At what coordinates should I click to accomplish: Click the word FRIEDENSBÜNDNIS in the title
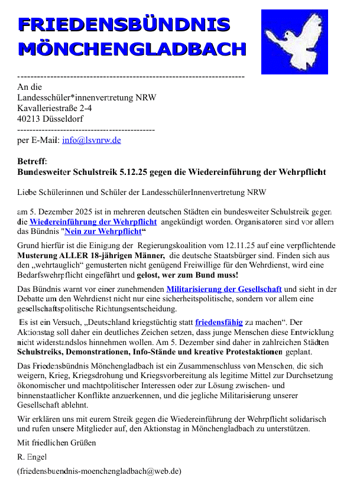(x=124, y=24)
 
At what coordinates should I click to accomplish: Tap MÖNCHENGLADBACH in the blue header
(x=132, y=49)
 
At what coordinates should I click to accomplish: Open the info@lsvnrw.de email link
(x=92, y=140)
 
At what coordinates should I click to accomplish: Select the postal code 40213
(x=30, y=119)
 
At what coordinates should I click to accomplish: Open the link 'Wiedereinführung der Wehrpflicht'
(x=93, y=222)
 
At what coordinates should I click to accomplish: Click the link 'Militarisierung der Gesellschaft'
(x=224, y=289)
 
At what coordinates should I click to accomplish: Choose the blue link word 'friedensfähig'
(x=219, y=323)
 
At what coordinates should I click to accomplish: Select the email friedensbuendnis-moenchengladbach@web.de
(x=99, y=471)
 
